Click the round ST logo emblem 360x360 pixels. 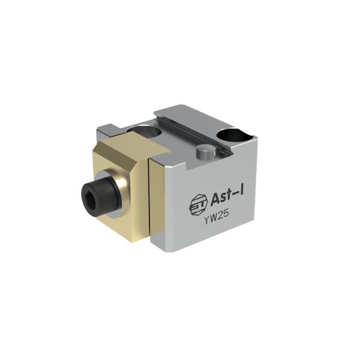coord(198,205)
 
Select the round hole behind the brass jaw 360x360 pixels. coord(144,131)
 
